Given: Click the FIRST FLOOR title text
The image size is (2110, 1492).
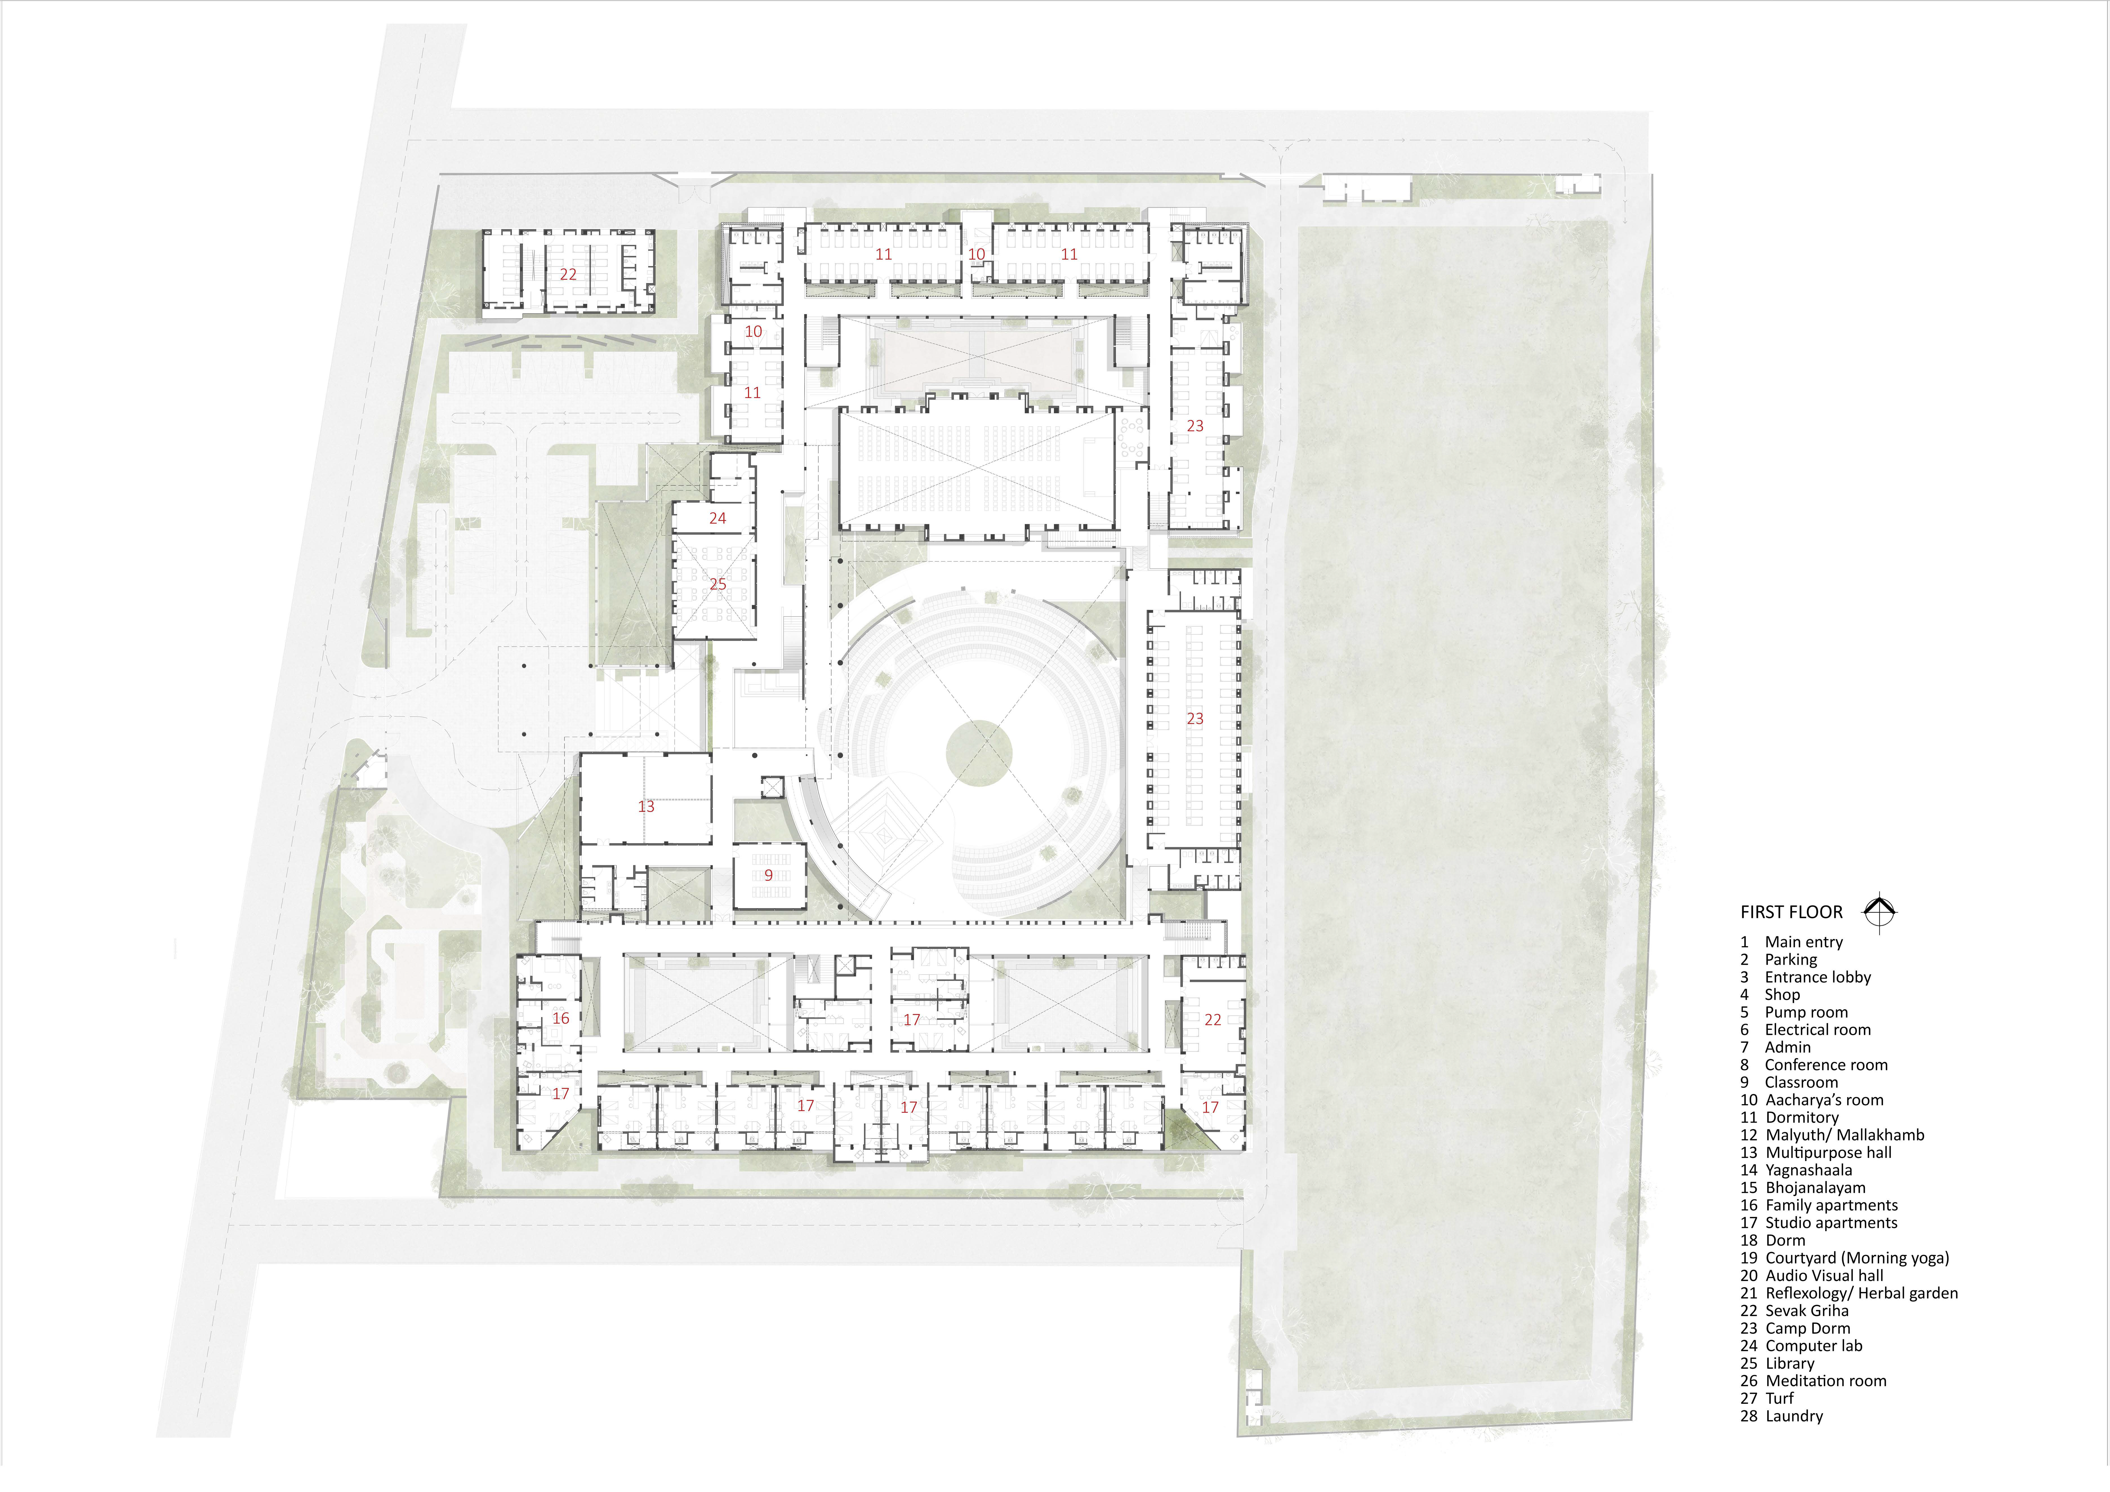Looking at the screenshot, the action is coord(1791,912).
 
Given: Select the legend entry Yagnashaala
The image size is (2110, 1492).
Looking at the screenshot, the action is coord(1796,1170).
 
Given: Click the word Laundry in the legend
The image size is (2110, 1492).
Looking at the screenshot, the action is coord(1794,1417).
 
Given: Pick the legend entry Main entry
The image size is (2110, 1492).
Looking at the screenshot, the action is coord(1791,942).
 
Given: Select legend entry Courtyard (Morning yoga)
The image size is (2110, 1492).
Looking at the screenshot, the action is coord(1844,1259).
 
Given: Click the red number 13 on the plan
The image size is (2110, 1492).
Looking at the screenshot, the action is coord(646,806).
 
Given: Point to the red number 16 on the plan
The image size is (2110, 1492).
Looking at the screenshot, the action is coord(561,1018).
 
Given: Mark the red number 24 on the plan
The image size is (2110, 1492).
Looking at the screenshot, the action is coord(718,518).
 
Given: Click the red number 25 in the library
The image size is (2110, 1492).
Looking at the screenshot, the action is coord(718,584).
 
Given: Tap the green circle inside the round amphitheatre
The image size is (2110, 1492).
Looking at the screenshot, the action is coord(979,753).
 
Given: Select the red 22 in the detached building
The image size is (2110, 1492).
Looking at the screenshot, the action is coord(568,274).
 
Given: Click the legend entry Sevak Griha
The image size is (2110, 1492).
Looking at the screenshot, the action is coord(1794,1311).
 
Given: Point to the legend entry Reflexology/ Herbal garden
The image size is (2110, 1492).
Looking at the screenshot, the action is coord(1849,1293).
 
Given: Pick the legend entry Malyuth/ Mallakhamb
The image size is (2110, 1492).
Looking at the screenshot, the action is coord(1832,1135).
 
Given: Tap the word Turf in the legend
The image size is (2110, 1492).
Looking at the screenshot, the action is coord(1779,1398).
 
